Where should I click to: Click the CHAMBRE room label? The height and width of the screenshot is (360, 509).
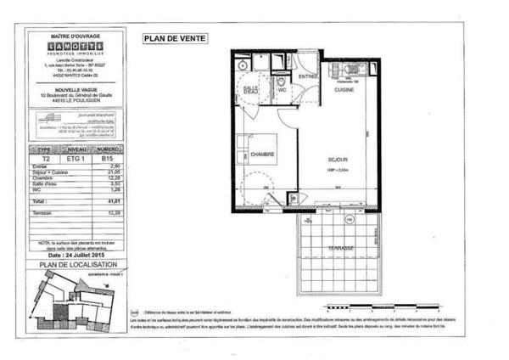click(260, 154)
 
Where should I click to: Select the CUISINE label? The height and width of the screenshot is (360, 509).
click(343, 89)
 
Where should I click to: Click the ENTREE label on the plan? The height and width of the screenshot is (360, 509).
click(307, 76)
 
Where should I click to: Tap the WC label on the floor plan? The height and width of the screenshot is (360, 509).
click(282, 88)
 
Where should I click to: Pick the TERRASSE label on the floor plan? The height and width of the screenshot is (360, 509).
click(338, 249)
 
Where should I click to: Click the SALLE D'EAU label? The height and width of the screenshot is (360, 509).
click(250, 89)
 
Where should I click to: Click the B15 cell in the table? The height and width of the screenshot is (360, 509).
click(107, 158)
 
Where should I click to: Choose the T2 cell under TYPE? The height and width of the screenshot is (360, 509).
click(47, 158)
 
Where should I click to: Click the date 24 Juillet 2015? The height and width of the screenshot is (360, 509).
click(83, 254)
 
